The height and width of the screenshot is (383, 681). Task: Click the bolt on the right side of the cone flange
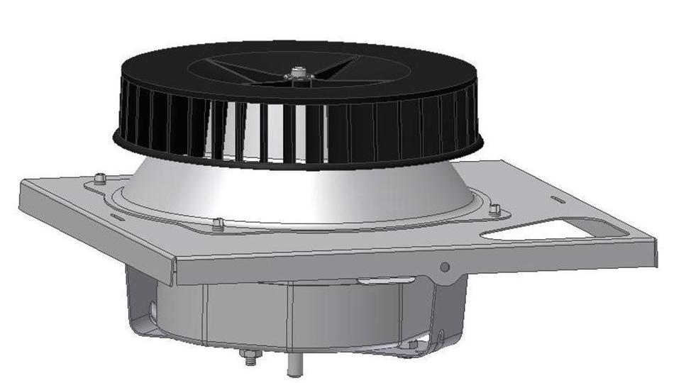[495, 209]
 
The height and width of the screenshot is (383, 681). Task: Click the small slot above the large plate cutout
[558, 200]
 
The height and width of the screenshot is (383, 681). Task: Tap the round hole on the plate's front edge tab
[445, 267]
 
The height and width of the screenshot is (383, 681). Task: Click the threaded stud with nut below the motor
[250, 357]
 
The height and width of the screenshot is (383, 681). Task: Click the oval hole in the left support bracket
[152, 310]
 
